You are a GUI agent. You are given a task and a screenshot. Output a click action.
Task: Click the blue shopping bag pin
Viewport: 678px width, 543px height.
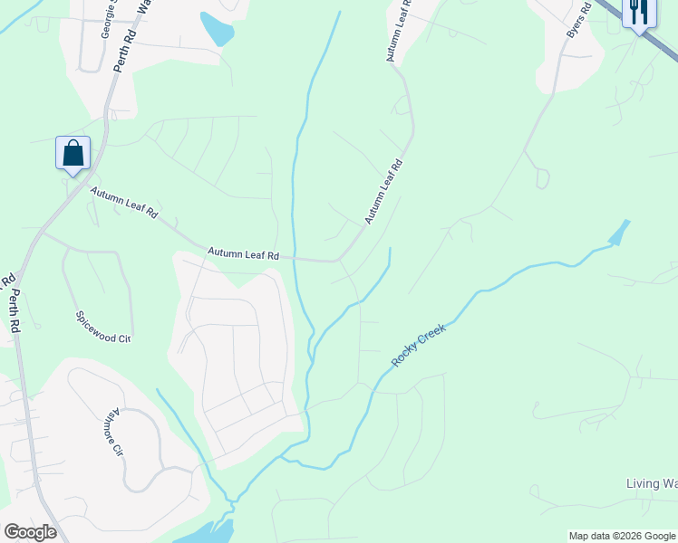[73, 153]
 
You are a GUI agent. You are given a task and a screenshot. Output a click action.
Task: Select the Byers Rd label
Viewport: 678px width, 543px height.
[578, 19]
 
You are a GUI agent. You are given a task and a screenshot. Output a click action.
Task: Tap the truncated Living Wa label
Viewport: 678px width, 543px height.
[652, 484]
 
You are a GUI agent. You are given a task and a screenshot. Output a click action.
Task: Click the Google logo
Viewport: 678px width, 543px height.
[30, 532]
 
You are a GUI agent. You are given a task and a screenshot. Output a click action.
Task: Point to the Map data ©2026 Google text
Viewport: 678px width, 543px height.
[622, 536]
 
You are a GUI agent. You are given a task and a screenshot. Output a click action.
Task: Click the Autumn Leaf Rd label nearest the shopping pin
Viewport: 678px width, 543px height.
[124, 203]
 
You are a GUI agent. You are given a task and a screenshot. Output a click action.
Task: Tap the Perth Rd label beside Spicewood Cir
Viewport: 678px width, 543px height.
[13, 302]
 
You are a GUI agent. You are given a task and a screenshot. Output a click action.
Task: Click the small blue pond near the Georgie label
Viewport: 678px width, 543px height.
[217, 30]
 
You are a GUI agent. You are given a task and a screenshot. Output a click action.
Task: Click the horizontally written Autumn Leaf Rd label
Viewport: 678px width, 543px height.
[243, 255]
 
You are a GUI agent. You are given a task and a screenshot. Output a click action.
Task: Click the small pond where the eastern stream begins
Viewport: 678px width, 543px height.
[619, 233]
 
